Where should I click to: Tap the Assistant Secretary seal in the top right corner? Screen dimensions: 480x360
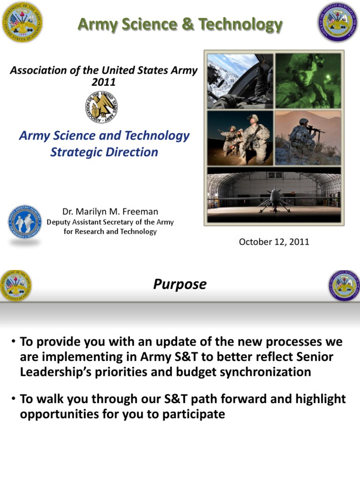[x=338, y=22]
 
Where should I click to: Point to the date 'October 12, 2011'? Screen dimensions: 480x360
[x=274, y=242]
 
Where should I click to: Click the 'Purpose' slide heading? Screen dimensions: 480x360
[x=180, y=285]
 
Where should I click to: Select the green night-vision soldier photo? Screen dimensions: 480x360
[x=308, y=81]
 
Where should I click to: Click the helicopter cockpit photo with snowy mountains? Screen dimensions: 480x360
[x=240, y=81]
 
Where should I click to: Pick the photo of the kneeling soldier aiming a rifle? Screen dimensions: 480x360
[x=308, y=138]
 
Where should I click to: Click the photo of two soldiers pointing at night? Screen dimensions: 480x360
[x=240, y=138]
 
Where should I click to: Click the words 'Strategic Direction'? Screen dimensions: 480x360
[x=104, y=152]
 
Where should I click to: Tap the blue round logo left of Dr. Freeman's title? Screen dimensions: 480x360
[x=25, y=222]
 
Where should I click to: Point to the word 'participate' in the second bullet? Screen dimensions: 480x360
[x=191, y=414]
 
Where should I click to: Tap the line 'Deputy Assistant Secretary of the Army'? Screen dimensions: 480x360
[x=110, y=222]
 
